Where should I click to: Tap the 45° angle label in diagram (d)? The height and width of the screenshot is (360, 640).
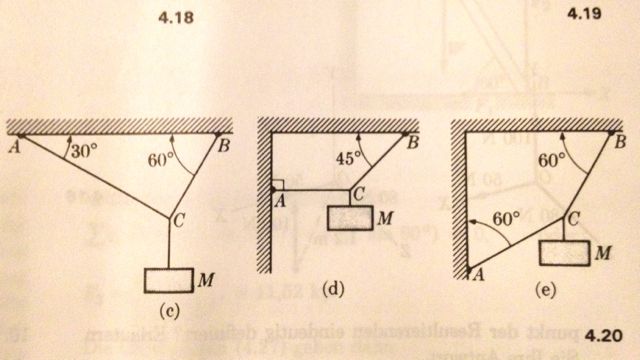click(x=348, y=158)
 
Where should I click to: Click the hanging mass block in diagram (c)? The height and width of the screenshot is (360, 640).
click(x=168, y=280)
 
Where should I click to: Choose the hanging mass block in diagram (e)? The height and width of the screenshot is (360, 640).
click(x=565, y=252)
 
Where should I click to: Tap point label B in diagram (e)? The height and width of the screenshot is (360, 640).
click(x=621, y=144)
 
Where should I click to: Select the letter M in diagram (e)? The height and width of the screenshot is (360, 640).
click(x=604, y=256)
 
